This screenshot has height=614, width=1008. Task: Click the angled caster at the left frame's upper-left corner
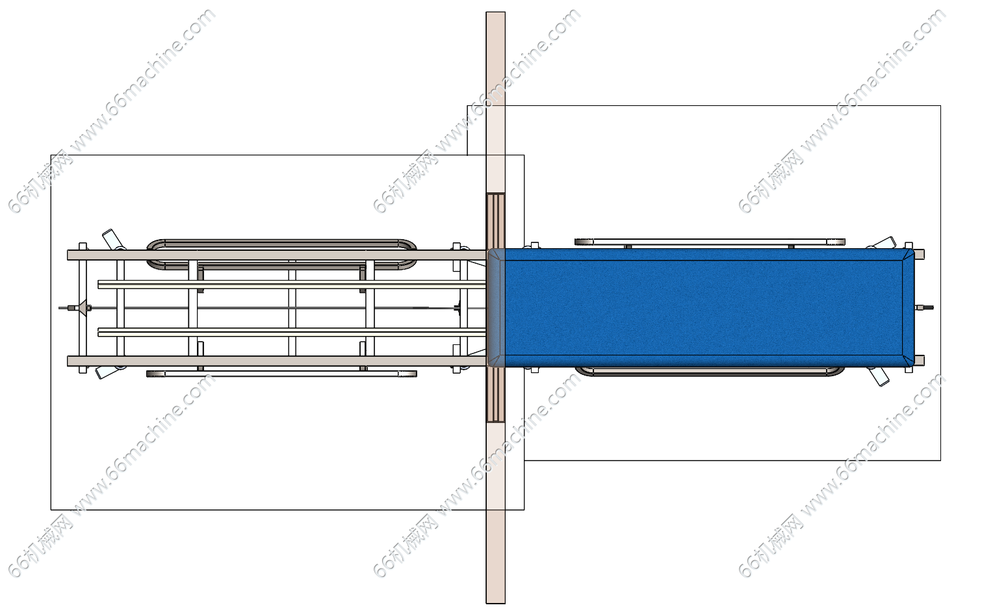click(x=112, y=240)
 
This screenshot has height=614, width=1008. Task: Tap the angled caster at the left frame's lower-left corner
click(x=109, y=372)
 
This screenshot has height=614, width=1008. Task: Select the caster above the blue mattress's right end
click(x=882, y=243)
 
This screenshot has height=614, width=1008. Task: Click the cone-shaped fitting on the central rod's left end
click(x=81, y=308)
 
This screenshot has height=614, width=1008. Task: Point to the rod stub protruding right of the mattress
click(x=924, y=308)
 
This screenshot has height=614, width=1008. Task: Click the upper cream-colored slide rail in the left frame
click(x=292, y=285)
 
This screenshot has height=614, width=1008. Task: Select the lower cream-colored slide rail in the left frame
click(x=292, y=333)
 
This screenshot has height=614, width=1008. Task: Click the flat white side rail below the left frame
click(x=281, y=374)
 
